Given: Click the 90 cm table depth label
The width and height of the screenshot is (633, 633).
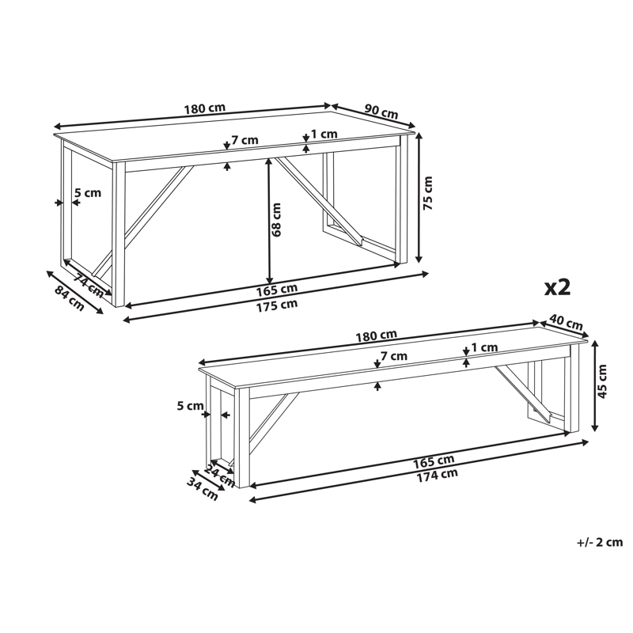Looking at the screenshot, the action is pos(381,112).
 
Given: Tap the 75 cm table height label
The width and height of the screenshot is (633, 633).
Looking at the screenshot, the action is pos(428,193).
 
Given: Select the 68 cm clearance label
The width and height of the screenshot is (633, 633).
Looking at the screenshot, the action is pos(276,220).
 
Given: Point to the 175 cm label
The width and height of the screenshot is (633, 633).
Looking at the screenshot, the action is pos(277,305).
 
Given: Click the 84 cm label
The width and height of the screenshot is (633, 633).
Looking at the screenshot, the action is pos(70,298).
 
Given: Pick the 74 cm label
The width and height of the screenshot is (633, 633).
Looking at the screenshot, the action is pos(89,285).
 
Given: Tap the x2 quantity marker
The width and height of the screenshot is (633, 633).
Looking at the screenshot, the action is pos(557,288).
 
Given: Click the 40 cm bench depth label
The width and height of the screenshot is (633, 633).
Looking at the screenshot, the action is pos(567,323).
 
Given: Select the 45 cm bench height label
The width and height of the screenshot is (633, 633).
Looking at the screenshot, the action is pos(602,381).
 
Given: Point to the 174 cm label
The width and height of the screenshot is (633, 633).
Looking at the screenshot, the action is pos(438,476).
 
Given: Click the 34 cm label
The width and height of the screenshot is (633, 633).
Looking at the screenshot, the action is pos(202,488).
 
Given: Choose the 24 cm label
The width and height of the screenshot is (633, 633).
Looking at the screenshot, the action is pos(220,476).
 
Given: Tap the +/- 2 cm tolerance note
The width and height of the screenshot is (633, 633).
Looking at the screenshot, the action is pos(600,542).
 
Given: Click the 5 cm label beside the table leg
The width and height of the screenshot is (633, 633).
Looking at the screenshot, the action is pos(88,193).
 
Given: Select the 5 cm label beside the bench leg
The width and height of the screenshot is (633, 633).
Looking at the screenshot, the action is pos(190,406).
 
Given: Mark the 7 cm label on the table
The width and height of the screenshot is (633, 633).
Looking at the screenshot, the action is pos(244,140).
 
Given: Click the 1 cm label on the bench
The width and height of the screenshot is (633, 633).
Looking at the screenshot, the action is pos(484,347).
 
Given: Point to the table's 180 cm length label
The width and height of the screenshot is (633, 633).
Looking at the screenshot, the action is pos(205,108).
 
